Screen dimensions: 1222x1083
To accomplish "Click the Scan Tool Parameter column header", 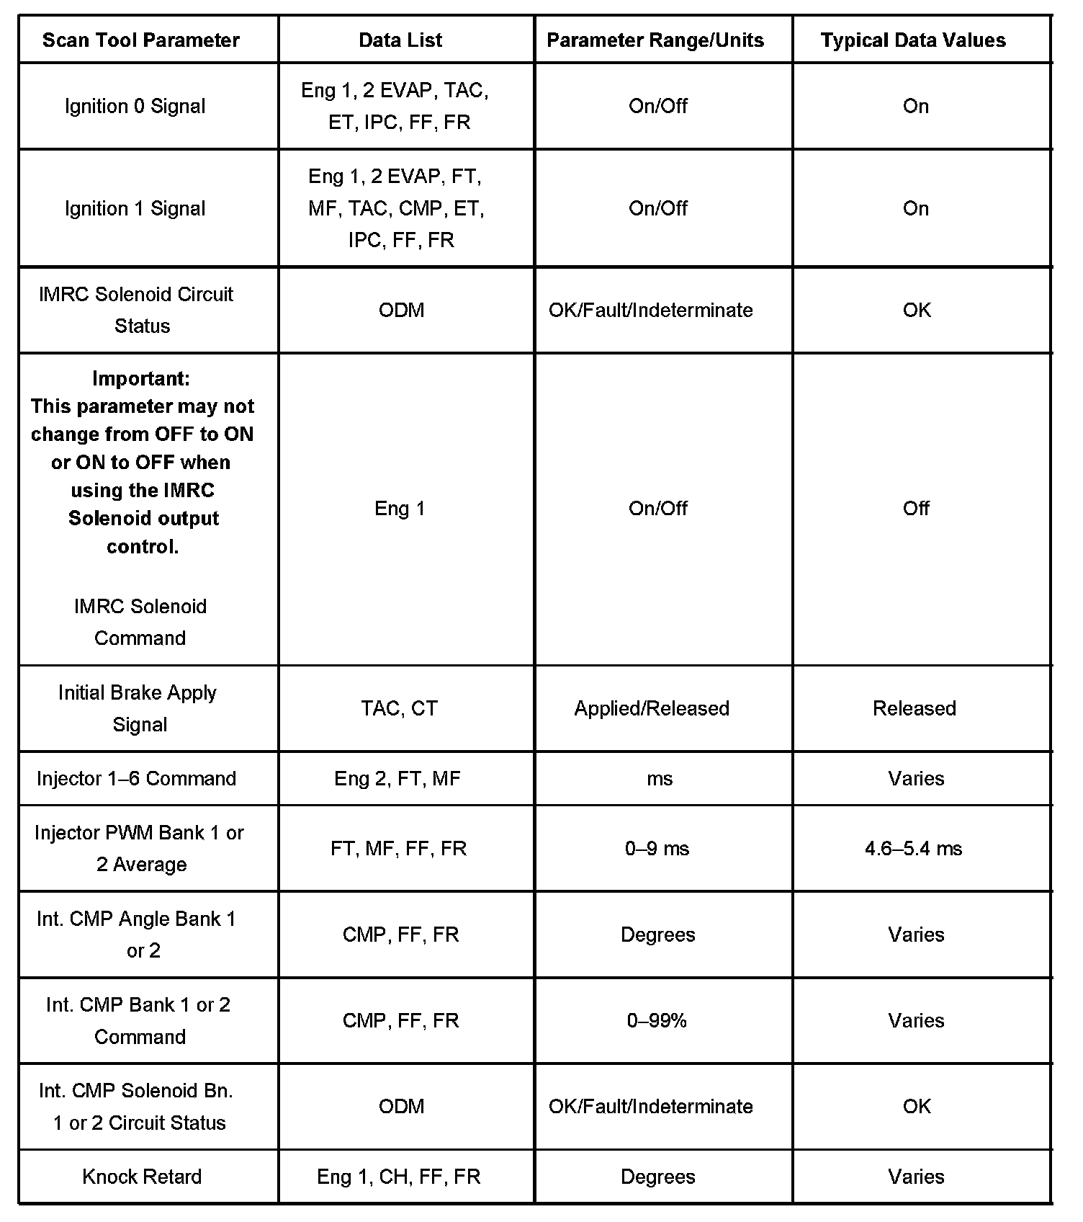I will pos(141,40).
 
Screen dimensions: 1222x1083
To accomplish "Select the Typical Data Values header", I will pos(913,40).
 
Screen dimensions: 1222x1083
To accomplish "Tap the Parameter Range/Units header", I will pos(655,40).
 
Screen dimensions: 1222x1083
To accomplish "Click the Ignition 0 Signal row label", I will pos(135,107).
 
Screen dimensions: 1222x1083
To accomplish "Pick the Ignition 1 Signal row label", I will pos(135,209).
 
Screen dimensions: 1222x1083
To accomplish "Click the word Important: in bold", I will pos(141,378).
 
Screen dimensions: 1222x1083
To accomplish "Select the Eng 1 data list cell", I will pos(400,509).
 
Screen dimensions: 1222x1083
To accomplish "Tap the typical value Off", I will pos(916,509).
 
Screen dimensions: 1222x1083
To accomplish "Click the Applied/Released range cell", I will pos(652,708).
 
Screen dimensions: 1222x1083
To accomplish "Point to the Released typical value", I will pos(915,708).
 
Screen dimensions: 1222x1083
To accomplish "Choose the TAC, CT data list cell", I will pos(400,708).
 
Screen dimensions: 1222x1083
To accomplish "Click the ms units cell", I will pos(660,779).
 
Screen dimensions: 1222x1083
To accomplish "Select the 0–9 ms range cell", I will pos(657,849).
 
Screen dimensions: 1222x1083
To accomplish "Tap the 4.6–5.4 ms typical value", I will pos(914,849).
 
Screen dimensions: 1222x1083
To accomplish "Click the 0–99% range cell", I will pos(657,1021).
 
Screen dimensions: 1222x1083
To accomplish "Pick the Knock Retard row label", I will pos(142,1177).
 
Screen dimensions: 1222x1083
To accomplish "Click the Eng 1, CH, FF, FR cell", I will pos(398,1177).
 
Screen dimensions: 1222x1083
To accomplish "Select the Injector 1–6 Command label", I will pos(137,779).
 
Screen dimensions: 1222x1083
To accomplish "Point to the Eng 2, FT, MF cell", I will pos(397,779).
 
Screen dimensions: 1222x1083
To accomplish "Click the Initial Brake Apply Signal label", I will pos(138,708).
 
